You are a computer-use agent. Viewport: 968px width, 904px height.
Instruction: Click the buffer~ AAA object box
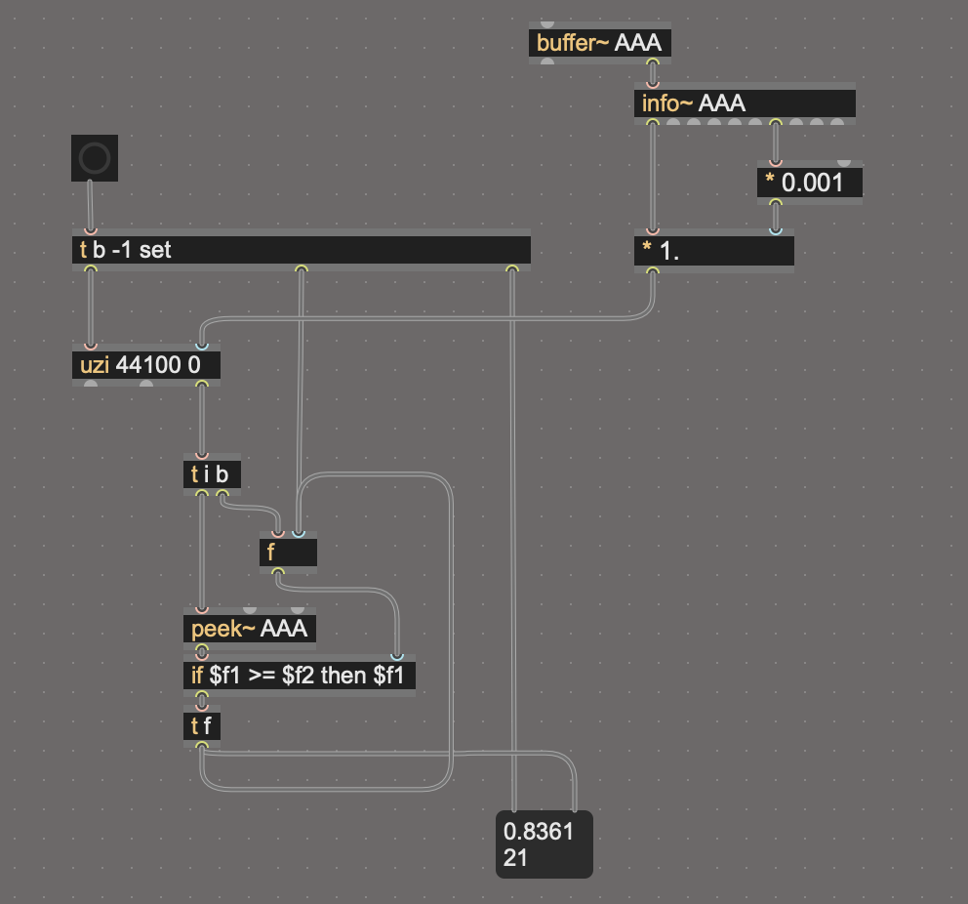600,44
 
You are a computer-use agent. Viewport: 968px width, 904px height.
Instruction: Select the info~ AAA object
745,103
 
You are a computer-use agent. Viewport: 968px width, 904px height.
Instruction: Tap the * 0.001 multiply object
809,183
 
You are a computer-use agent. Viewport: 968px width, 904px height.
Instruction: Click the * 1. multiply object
713,251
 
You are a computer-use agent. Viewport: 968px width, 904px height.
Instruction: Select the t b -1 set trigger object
302,250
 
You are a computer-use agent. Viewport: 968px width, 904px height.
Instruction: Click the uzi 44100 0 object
146,366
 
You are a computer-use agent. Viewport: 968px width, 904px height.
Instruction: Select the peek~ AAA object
250,629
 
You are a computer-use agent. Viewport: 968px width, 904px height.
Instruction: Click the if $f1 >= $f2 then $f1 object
300,676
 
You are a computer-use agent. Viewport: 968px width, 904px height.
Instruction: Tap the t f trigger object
202,726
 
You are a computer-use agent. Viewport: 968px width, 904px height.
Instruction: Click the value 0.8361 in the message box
539,831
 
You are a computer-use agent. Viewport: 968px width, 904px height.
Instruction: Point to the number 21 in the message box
515,858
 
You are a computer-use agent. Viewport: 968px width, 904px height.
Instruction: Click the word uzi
95,366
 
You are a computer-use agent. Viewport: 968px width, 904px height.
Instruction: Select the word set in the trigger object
155,250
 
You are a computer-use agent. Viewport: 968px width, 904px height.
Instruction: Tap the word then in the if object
344,676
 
